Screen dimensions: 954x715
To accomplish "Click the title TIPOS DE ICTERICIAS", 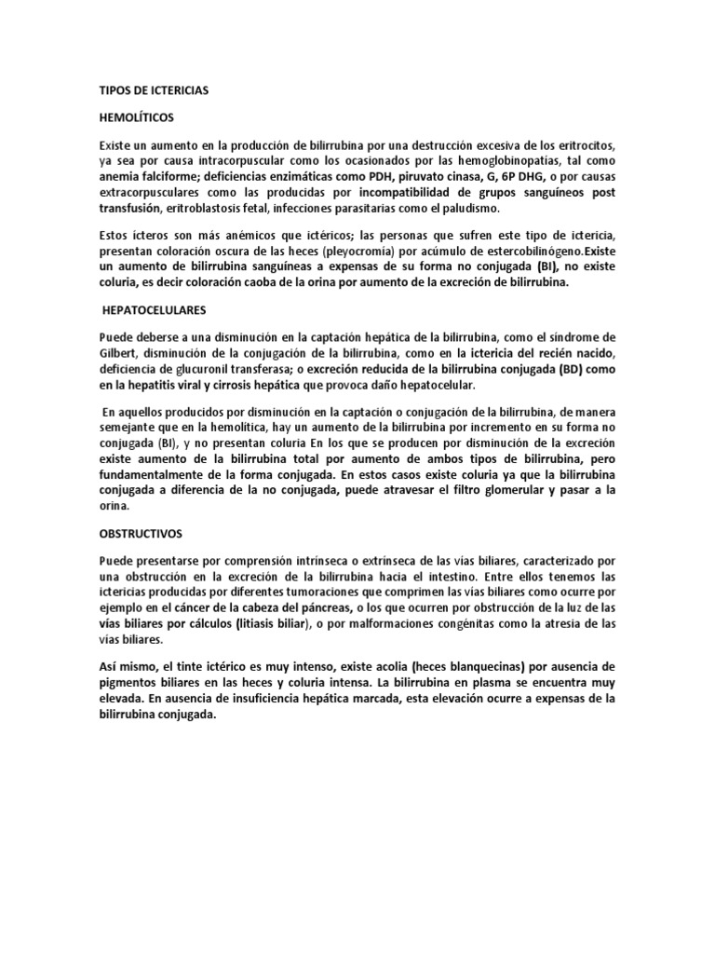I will [154, 90].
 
